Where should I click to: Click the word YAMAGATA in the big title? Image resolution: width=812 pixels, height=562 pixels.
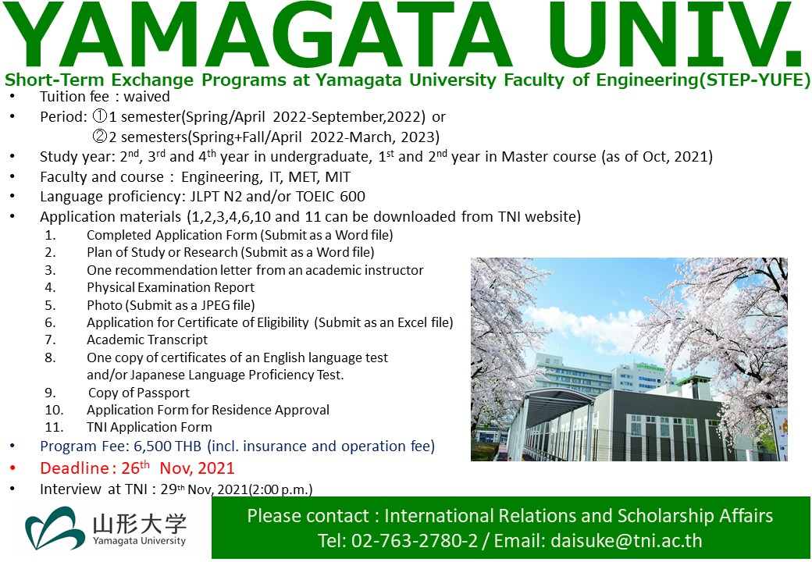point(258,35)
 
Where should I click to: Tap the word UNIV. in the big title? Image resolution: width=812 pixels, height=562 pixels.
point(675,35)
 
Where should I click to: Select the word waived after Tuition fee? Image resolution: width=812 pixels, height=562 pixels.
point(147,97)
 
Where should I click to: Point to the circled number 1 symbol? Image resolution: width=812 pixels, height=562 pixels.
point(99,116)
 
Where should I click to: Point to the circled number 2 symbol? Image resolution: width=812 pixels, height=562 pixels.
point(99,136)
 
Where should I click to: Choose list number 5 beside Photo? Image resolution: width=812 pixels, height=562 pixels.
point(50,305)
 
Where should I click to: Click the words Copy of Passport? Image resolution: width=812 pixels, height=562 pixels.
point(139,393)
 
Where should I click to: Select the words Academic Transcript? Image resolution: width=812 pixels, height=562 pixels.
point(147,340)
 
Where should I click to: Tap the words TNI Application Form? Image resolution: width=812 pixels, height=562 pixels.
point(149,428)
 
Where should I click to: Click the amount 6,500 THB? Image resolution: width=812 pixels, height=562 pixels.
point(169,446)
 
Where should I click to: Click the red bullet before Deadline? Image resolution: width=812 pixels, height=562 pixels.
point(12,468)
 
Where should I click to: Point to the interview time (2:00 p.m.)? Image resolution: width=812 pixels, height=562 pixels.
point(280,489)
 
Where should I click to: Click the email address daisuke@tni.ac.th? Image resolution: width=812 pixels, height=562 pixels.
point(627,541)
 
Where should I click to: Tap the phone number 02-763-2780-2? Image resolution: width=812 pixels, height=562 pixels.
point(415,541)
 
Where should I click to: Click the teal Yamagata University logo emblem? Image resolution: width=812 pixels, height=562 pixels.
point(55,528)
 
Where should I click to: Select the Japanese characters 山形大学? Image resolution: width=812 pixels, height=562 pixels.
point(139,524)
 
